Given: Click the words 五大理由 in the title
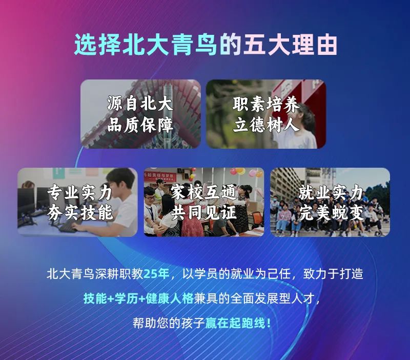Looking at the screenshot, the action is pyautogui.click(x=290, y=45).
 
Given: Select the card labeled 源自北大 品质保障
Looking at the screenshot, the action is pyautogui.click(x=140, y=114).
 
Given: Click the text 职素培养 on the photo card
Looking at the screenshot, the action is pyautogui.click(x=266, y=104).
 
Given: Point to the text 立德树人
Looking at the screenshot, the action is pyautogui.click(x=266, y=125).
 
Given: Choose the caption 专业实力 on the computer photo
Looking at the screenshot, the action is pyautogui.click(x=80, y=192).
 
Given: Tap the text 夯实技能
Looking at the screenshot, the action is pyautogui.click(x=80, y=213).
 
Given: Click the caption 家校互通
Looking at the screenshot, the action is pyautogui.click(x=203, y=192).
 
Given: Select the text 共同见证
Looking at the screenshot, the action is pyautogui.click(x=203, y=213).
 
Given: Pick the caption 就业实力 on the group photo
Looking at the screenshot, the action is pyautogui.click(x=331, y=192).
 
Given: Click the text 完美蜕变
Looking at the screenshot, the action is pyautogui.click(x=331, y=213).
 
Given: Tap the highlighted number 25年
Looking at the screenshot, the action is pyautogui.click(x=156, y=274).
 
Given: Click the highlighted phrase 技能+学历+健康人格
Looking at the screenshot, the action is pyautogui.click(x=138, y=298).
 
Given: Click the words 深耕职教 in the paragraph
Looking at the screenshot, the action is pyautogui.click(x=119, y=274).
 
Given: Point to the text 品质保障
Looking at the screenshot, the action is pyautogui.click(x=140, y=125).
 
